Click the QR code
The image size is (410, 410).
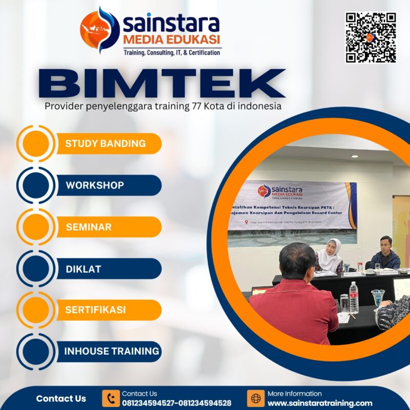click(x=371, y=37)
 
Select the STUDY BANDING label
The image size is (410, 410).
click(x=105, y=143)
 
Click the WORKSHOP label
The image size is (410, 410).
click(x=95, y=185)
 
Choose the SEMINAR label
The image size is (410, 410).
click(x=88, y=227)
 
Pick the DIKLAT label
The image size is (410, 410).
click(x=84, y=269)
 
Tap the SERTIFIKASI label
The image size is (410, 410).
click(x=95, y=310)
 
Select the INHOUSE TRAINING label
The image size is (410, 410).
click(x=111, y=352)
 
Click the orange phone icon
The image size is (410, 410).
click(x=111, y=398)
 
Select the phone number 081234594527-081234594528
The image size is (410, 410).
click(x=176, y=403)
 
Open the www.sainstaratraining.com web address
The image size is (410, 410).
click(x=320, y=403)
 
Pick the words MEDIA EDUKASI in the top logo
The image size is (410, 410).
click(x=171, y=39)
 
